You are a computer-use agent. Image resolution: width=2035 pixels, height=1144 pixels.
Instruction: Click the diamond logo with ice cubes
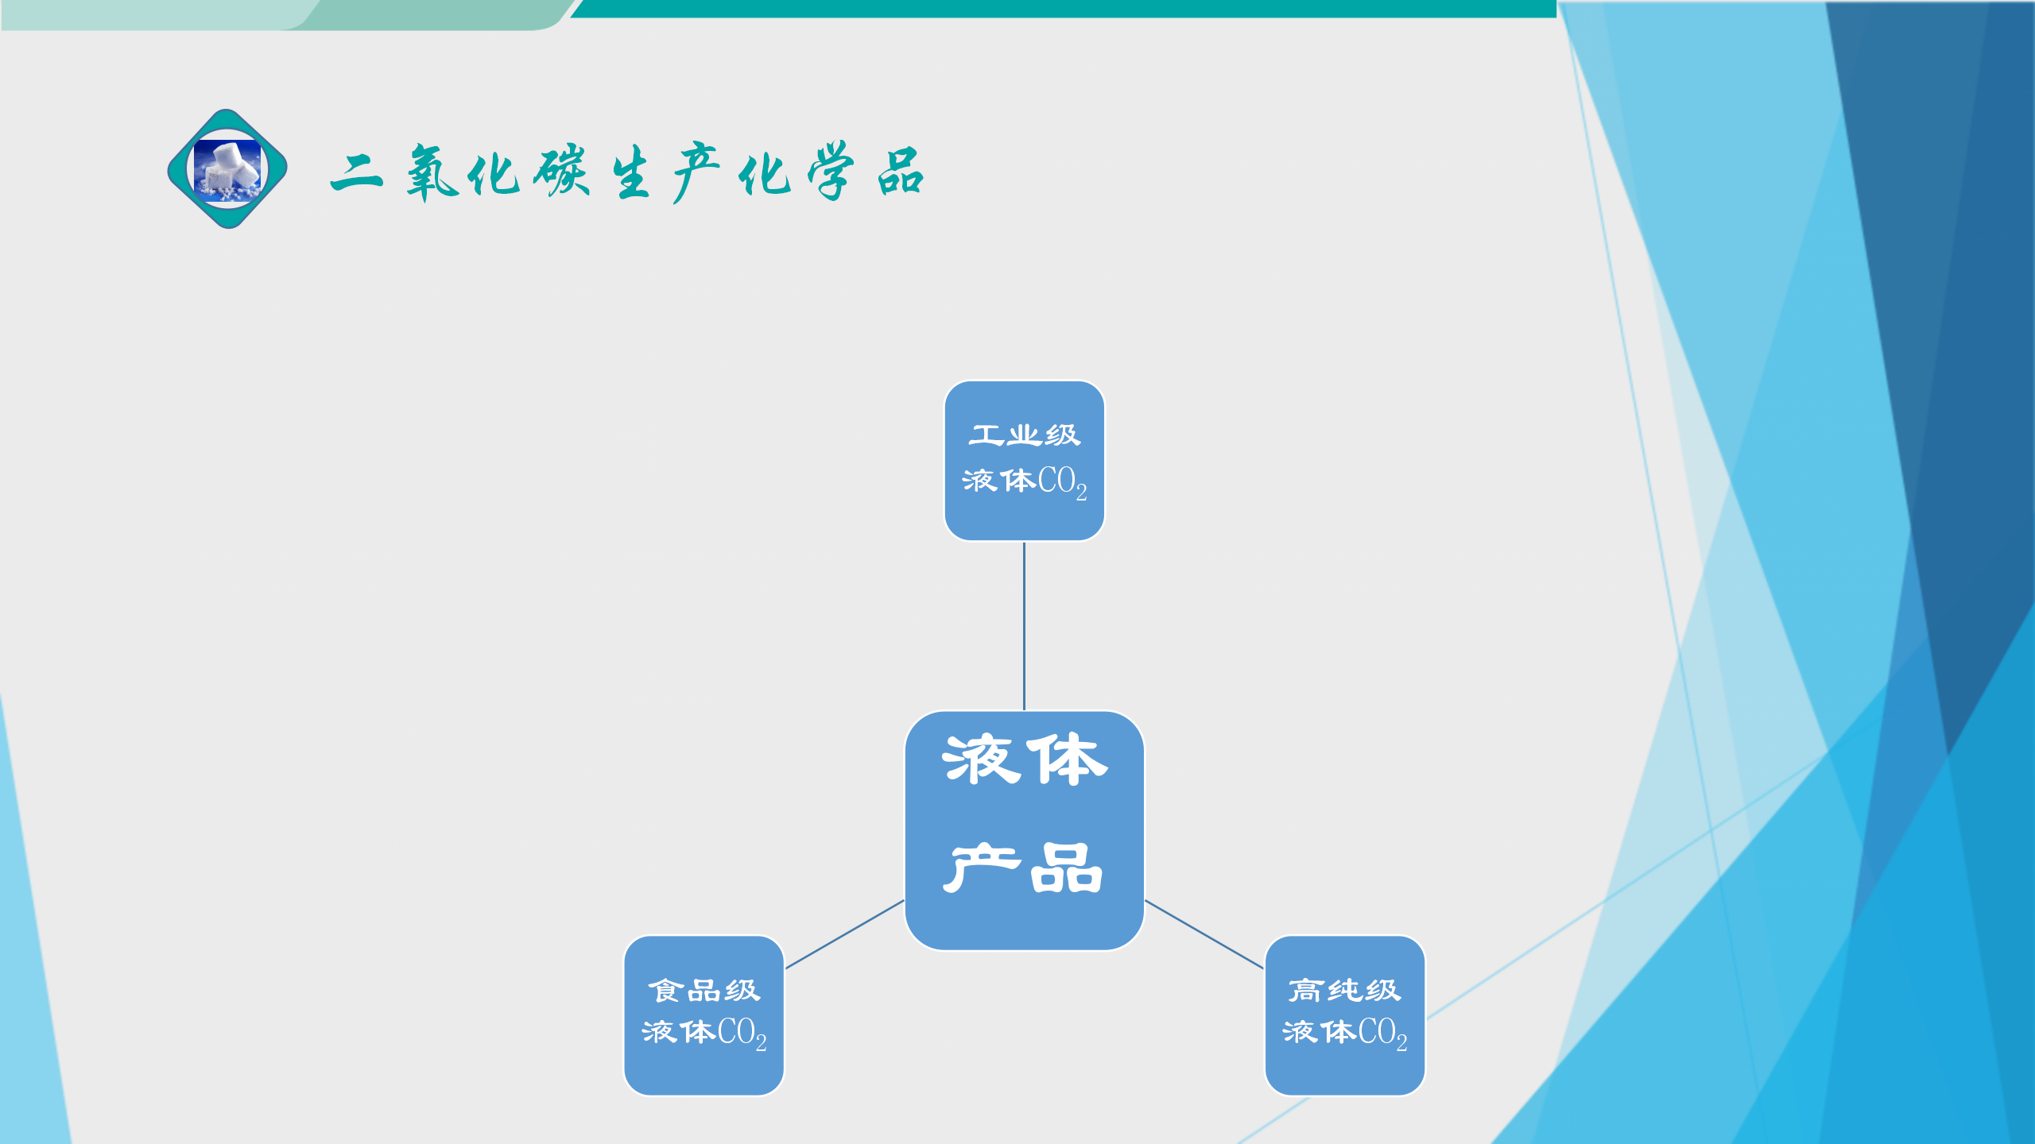pyautogui.click(x=227, y=169)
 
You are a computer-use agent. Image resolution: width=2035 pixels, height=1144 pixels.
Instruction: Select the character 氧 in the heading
pyautogui.click(x=432, y=172)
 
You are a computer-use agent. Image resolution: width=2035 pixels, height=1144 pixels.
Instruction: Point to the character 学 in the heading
pyautogui.click(x=831, y=171)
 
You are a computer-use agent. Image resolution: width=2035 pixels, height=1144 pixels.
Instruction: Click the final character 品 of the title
pyautogui.click(x=901, y=172)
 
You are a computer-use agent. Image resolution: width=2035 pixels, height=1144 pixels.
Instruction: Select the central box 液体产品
pyautogui.click(x=1025, y=830)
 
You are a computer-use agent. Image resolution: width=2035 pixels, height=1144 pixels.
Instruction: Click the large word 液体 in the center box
pyautogui.click(x=1025, y=759)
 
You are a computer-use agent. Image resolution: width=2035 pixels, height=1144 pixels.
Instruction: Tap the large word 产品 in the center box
pyautogui.click(x=1025, y=868)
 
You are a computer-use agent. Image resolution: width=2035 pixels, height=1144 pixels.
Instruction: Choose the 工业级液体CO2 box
pyautogui.click(x=1025, y=461)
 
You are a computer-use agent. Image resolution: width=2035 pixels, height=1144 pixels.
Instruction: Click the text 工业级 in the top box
pyautogui.click(x=1025, y=435)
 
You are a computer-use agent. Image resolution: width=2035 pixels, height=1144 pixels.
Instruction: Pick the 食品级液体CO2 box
pyautogui.click(x=704, y=1015)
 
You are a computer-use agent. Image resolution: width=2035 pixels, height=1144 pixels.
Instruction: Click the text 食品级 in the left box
pyautogui.click(x=704, y=990)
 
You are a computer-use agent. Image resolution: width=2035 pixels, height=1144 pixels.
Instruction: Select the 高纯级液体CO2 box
pyautogui.click(x=1345, y=1015)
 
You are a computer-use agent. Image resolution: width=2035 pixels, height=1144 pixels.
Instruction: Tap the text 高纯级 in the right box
pyautogui.click(x=1345, y=990)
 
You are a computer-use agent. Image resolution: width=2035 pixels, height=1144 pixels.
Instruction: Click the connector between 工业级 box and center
pyautogui.click(x=1024, y=626)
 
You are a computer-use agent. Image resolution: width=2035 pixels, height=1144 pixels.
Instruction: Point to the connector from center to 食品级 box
pyautogui.click(x=845, y=934)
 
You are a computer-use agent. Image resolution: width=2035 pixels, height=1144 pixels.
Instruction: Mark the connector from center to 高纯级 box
pyautogui.click(x=1204, y=934)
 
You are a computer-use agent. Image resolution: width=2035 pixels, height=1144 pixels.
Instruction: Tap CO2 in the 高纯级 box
pyautogui.click(x=1383, y=1034)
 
